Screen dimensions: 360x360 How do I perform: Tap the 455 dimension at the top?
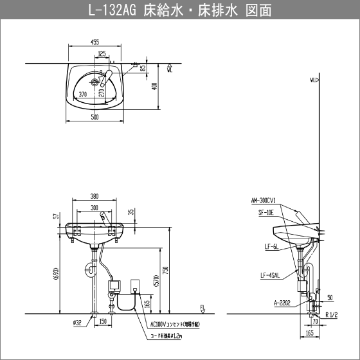point(94,42)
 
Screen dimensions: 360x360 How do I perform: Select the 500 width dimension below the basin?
point(94,117)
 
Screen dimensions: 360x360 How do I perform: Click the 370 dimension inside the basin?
point(82,94)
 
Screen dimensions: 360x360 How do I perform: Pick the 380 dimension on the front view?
point(94,197)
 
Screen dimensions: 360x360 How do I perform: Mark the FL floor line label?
point(201,307)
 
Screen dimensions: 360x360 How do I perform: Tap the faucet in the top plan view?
point(104,80)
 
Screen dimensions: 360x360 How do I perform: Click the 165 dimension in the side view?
point(310,334)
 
